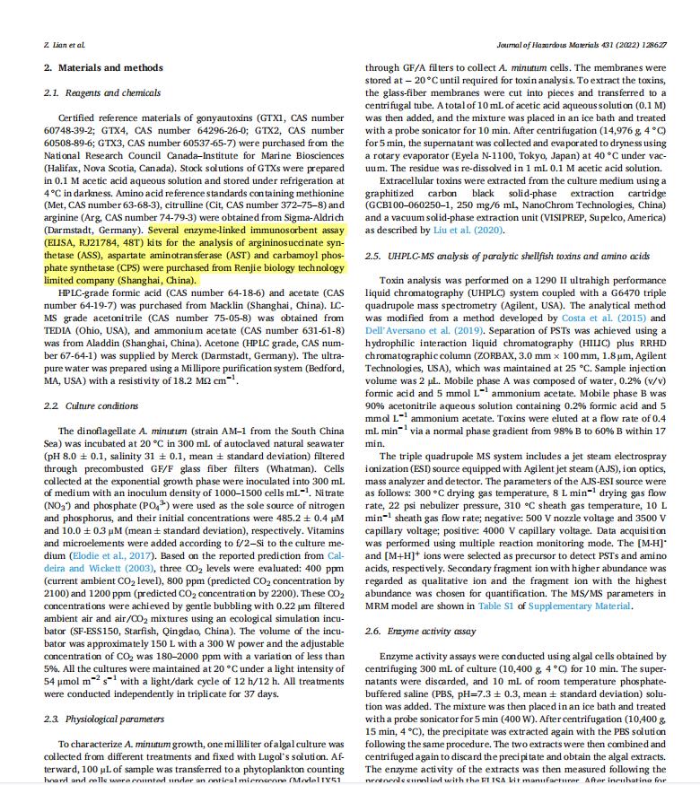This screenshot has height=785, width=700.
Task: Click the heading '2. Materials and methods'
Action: pos(103,67)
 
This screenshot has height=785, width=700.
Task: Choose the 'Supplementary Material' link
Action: pos(581,606)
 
